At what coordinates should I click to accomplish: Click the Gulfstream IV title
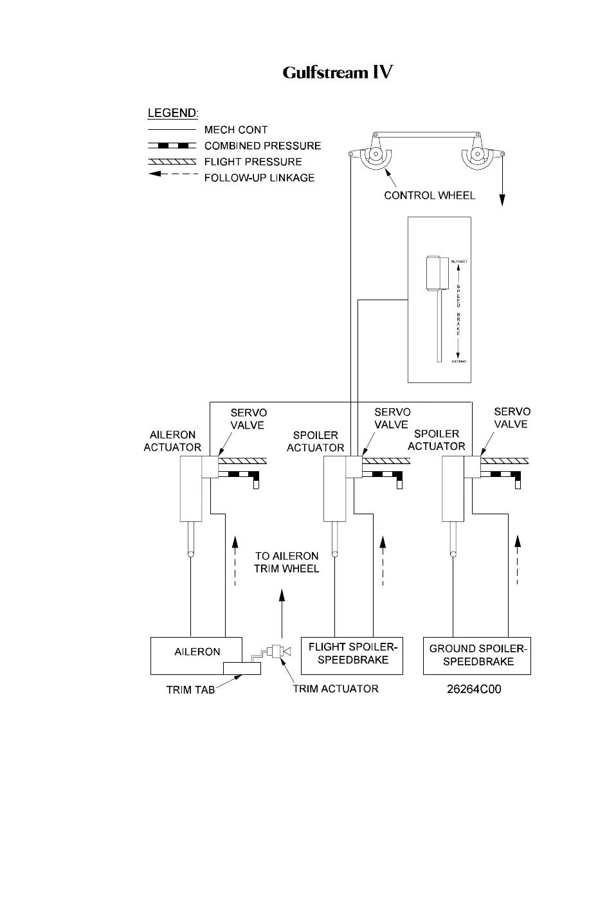338,72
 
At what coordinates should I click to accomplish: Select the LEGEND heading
173,113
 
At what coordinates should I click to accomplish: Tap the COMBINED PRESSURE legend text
262,146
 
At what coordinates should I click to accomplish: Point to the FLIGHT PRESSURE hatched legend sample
172,161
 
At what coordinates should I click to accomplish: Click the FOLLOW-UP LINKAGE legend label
259,178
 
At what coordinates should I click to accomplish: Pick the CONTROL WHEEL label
429,195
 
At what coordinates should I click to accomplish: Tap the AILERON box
197,652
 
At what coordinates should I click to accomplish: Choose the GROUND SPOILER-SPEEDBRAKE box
477,655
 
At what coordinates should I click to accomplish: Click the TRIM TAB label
190,690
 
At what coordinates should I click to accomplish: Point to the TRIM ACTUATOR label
335,689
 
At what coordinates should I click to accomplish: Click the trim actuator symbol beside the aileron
278,651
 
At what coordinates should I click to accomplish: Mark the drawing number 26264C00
474,690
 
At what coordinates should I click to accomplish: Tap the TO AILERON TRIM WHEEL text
286,562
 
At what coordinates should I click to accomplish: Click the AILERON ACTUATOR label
172,441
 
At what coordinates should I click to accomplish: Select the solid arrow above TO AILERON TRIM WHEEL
281,611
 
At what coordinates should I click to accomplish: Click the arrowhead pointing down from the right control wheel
502,201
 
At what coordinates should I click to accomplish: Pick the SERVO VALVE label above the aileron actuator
248,418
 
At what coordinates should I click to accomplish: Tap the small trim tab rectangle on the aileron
242,668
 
